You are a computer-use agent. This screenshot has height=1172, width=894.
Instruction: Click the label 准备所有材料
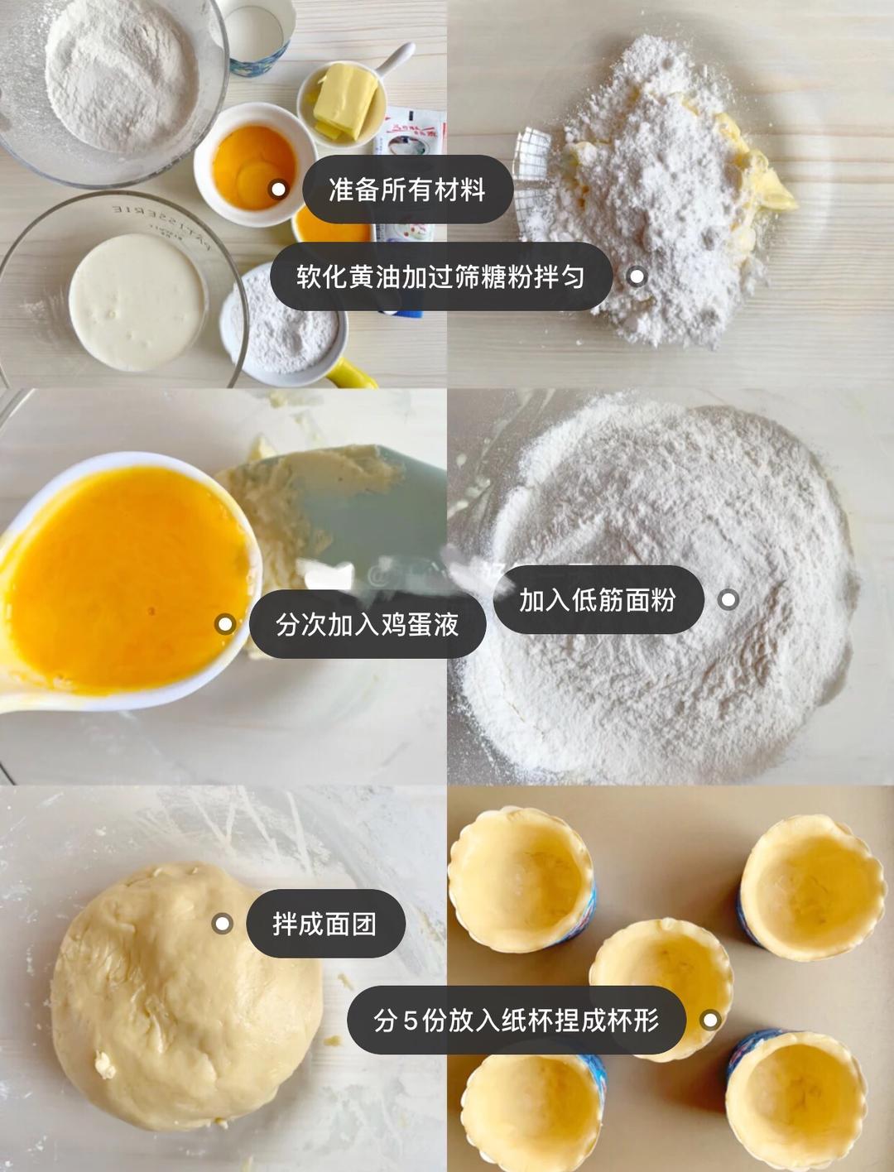coord(407,190)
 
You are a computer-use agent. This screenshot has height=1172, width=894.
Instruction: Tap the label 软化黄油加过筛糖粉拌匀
coord(440,276)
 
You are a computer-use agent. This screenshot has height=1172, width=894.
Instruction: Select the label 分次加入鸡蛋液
coord(368,624)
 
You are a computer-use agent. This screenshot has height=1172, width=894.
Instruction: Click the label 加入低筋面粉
coord(598,599)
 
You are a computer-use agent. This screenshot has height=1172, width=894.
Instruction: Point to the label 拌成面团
coord(324,923)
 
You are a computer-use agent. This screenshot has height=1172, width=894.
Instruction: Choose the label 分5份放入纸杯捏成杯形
coord(516,1020)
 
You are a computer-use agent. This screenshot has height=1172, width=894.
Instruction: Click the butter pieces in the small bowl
coord(344,100)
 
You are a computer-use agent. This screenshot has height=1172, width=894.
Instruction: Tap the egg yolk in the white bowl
coord(253,166)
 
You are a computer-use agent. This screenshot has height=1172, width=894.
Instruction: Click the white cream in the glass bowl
coord(136,301)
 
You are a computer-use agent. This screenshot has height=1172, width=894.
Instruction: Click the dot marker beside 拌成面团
coord(222,923)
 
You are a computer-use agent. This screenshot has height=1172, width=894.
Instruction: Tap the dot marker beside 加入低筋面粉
coord(728,599)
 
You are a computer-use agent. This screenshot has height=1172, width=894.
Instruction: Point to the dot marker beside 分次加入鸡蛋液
coord(224,624)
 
